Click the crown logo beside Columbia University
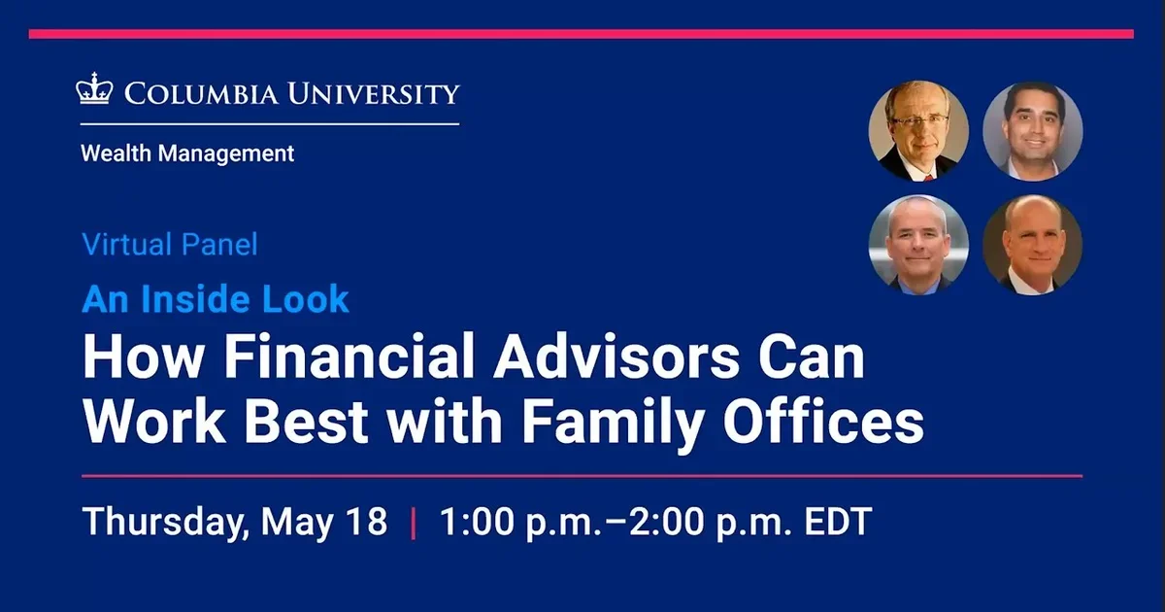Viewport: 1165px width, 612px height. tap(95, 89)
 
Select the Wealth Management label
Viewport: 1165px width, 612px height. tap(187, 153)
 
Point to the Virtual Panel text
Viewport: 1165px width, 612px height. tap(170, 244)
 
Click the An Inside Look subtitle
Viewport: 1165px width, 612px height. tap(216, 299)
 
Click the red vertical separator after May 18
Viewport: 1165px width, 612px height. tap(415, 522)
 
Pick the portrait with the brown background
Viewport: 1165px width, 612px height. tap(1032, 245)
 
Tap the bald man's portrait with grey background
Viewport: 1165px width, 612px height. tap(917, 245)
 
